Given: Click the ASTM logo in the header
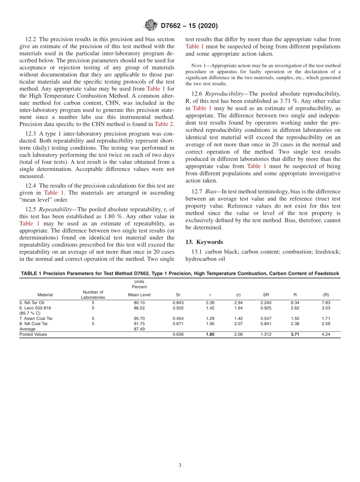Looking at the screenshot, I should [151, 25].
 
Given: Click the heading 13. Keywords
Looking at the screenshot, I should [204, 242].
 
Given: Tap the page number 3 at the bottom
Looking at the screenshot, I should [180, 465].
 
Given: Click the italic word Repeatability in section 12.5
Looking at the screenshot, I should [55, 209].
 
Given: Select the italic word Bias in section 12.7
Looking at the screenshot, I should [210, 191].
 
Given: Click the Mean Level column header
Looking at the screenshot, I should [139, 294].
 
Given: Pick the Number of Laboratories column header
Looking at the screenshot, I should [93, 294].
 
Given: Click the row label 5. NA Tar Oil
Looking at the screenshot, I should [32, 302].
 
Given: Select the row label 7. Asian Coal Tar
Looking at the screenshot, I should [36, 318].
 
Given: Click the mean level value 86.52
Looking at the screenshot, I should [139, 308].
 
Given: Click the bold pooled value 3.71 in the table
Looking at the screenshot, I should [295, 335].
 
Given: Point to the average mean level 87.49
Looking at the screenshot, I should [139, 329].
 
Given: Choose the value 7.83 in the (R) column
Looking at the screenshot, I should [326, 302].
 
